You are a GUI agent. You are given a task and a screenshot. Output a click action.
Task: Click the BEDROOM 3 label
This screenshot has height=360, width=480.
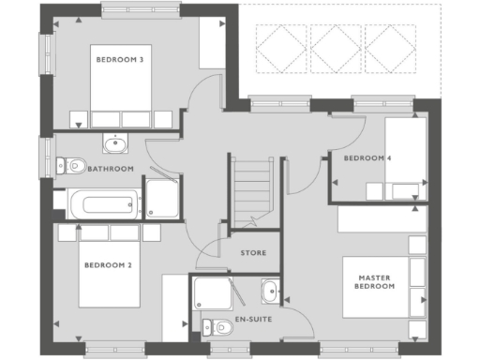pos(120,60)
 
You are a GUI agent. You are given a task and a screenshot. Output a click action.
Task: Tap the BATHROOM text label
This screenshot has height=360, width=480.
pos(111,170)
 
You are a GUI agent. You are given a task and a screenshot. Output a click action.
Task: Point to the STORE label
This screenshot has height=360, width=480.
pos(253,252)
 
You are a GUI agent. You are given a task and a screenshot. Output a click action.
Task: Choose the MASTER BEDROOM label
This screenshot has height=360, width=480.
pos(375,282)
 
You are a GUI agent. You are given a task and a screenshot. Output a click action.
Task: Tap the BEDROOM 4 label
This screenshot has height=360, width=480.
pos(367,158)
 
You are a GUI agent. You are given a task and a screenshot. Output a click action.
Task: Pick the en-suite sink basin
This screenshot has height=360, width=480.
pos(270,292)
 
